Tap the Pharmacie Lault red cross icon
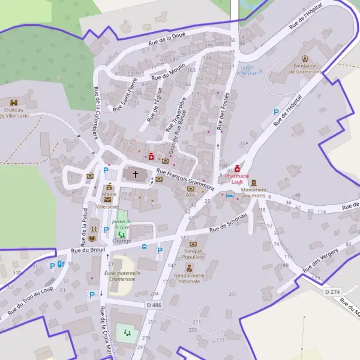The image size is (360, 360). (x=238, y=170)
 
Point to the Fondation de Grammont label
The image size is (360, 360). (x=306, y=68)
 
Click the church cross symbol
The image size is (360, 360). (x=135, y=175)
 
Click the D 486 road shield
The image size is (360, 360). (x=154, y=305)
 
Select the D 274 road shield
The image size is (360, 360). (x=332, y=292)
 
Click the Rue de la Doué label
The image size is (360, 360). (x=167, y=40)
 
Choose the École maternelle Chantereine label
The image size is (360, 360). (x=120, y=275)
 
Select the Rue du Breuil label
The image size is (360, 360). (x=84, y=248)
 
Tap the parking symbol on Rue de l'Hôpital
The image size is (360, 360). (x=276, y=112)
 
